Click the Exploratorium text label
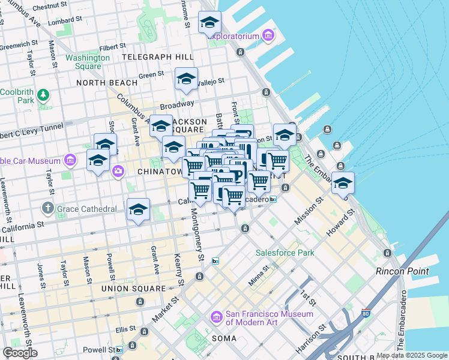(233, 37)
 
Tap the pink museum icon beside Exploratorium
(268, 37)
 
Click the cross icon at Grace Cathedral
(47, 209)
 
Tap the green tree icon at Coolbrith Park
(43, 95)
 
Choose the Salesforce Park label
(285, 253)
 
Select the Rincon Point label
(402, 271)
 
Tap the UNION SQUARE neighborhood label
(133, 289)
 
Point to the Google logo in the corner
(20, 352)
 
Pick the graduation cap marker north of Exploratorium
(209, 23)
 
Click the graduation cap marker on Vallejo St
(186, 79)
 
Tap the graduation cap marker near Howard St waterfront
(343, 184)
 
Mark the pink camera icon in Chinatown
(118, 172)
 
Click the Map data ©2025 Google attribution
(411, 355)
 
